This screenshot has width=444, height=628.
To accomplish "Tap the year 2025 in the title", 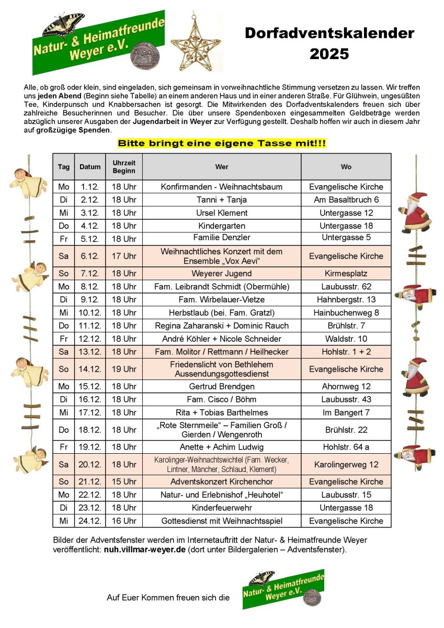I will pos(329,53).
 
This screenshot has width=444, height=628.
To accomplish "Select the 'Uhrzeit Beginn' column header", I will pos(124,167).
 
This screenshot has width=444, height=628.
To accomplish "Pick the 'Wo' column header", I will pos(346,167).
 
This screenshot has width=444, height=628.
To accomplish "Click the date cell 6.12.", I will pos(90,256).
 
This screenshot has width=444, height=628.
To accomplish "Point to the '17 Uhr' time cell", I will pos(124,256).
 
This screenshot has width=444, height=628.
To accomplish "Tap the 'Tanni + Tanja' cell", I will pos(222,200).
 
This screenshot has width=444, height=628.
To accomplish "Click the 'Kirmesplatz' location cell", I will pos(346,274).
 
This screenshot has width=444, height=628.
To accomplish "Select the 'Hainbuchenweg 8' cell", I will pos(346,313).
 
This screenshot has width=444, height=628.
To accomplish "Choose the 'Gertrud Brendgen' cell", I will pos(222,387).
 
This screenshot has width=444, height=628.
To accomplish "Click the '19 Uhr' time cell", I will pos(124,369).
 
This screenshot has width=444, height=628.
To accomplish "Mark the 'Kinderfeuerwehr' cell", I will pos(222,508).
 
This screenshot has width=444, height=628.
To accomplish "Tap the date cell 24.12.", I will pos(90,521).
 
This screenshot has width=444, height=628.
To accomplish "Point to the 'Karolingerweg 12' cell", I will pos(346,464).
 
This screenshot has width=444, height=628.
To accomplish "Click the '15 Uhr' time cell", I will pos(124,481).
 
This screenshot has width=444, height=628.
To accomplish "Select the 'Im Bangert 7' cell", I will pos(346,412).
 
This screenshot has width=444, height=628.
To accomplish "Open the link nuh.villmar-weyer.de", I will pos(144,550).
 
